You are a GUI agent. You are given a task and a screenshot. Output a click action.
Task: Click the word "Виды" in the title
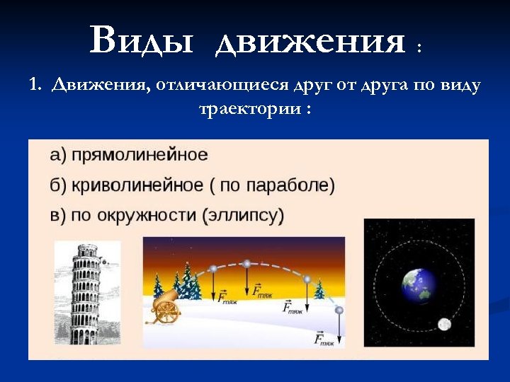141,40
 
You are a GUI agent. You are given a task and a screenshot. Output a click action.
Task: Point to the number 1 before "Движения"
33,86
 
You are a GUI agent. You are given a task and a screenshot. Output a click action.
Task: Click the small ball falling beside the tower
104,262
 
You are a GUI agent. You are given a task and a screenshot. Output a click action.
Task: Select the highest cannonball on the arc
246,264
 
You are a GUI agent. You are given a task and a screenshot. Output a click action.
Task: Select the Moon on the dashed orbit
444,324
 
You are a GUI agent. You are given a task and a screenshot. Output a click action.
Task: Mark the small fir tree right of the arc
319,290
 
